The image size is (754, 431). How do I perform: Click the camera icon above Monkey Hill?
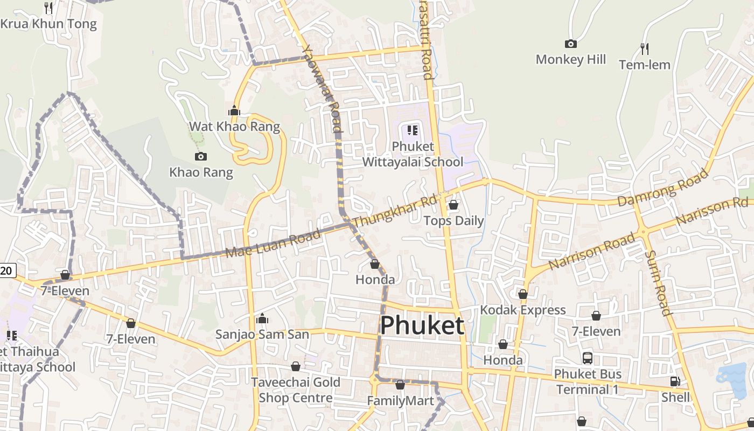[570, 44]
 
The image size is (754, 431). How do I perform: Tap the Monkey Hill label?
[570, 59]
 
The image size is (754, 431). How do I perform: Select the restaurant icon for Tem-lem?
[645, 49]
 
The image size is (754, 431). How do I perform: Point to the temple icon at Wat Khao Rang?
[234, 110]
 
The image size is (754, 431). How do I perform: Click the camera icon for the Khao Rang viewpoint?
[201, 156]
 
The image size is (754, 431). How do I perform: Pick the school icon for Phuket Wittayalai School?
[413, 130]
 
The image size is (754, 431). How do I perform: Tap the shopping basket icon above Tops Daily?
[453, 205]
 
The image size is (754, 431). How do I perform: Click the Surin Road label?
[658, 283]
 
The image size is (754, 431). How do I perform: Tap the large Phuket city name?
[422, 325]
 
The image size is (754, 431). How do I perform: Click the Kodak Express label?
[522, 310]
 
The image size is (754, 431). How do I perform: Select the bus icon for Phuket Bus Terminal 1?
[588, 358]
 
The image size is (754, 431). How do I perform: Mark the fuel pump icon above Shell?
[675, 381]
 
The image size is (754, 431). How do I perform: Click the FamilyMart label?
[400, 401]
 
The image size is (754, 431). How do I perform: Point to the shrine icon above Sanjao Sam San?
[262, 318]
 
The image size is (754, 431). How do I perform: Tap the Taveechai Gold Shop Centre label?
[296, 390]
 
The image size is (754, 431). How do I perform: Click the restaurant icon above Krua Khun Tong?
[48, 8]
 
